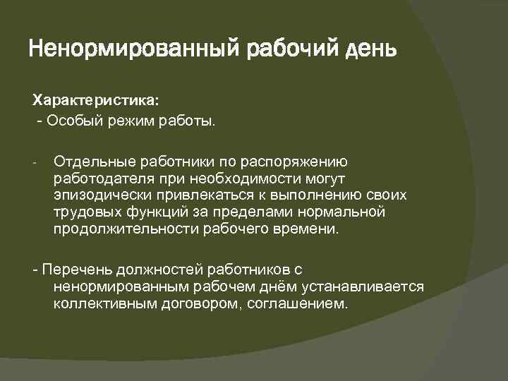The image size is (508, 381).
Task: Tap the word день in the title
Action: pyautogui.click(x=371, y=50)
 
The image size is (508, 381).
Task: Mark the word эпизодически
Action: pyautogui.click(x=95, y=196)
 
